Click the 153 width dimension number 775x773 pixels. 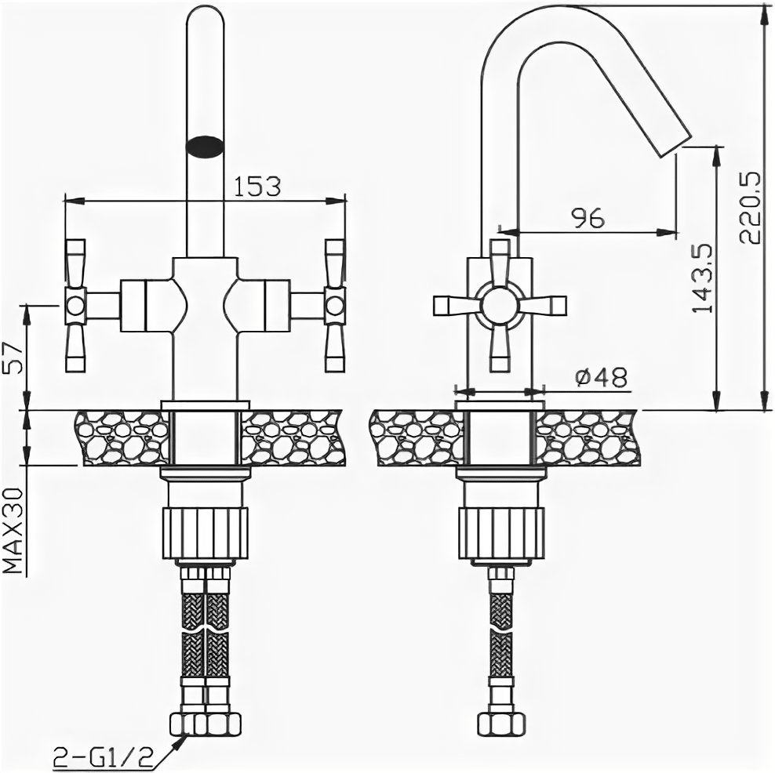coord(257,186)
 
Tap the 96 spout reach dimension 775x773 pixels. coord(588,218)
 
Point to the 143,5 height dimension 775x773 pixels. coord(700,278)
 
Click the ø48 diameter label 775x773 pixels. coord(602,378)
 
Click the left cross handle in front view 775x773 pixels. coord(75,305)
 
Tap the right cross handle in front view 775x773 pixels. coord(334,305)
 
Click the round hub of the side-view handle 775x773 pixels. coord(500,305)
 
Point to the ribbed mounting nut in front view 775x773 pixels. coord(205,533)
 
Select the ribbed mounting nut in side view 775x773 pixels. coord(501,533)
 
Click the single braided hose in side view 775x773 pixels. coord(500,627)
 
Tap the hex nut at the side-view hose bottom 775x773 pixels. coord(500,721)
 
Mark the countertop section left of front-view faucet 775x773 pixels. coord(122,437)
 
